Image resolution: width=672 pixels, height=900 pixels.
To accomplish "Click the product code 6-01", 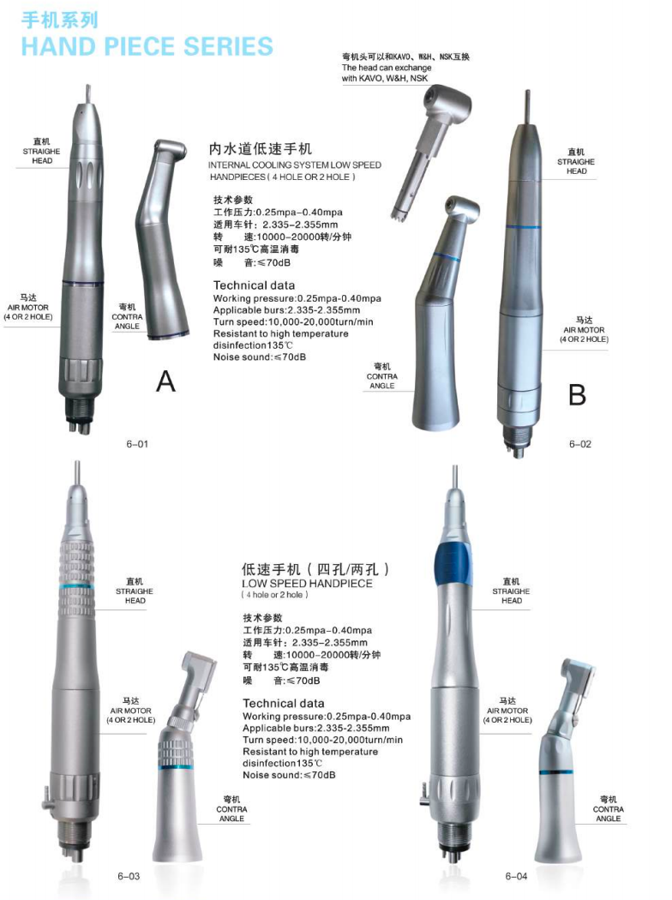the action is pyautogui.click(x=137, y=444).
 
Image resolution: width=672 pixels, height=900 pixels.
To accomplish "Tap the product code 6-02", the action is pyautogui.click(x=579, y=444).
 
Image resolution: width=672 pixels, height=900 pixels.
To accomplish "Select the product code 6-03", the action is pyautogui.click(x=129, y=876).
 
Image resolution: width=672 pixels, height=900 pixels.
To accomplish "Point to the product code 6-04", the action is pyautogui.click(x=516, y=876).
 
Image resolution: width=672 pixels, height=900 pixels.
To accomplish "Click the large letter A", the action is pyautogui.click(x=165, y=381).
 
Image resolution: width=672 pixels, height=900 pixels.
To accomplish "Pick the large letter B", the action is pyautogui.click(x=577, y=395).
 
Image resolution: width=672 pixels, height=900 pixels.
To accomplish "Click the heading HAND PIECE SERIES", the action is pyautogui.click(x=147, y=46).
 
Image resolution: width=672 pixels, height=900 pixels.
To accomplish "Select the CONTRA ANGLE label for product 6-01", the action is pyautogui.click(x=127, y=317).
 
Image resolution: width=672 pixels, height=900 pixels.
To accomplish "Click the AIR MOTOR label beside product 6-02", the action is pyautogui.click(x=585, y=329).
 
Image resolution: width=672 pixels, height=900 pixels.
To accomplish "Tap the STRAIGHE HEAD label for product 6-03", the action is pyautogui.click(x=135, y=591).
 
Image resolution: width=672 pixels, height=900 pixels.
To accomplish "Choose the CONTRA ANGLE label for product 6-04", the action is pyautogui.click(x=609, y=809).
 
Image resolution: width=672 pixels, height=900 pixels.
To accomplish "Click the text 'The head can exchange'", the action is pyautogui.click(x=387, y=67).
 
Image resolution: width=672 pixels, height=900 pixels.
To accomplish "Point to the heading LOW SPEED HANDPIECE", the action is pyautogui.click(x=307, y=583).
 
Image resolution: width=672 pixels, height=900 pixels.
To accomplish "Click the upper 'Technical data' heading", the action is pyautogui.click(x=254, y=285).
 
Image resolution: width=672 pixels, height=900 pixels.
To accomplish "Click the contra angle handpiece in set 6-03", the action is pyautogui.click(x=183, y=758).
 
